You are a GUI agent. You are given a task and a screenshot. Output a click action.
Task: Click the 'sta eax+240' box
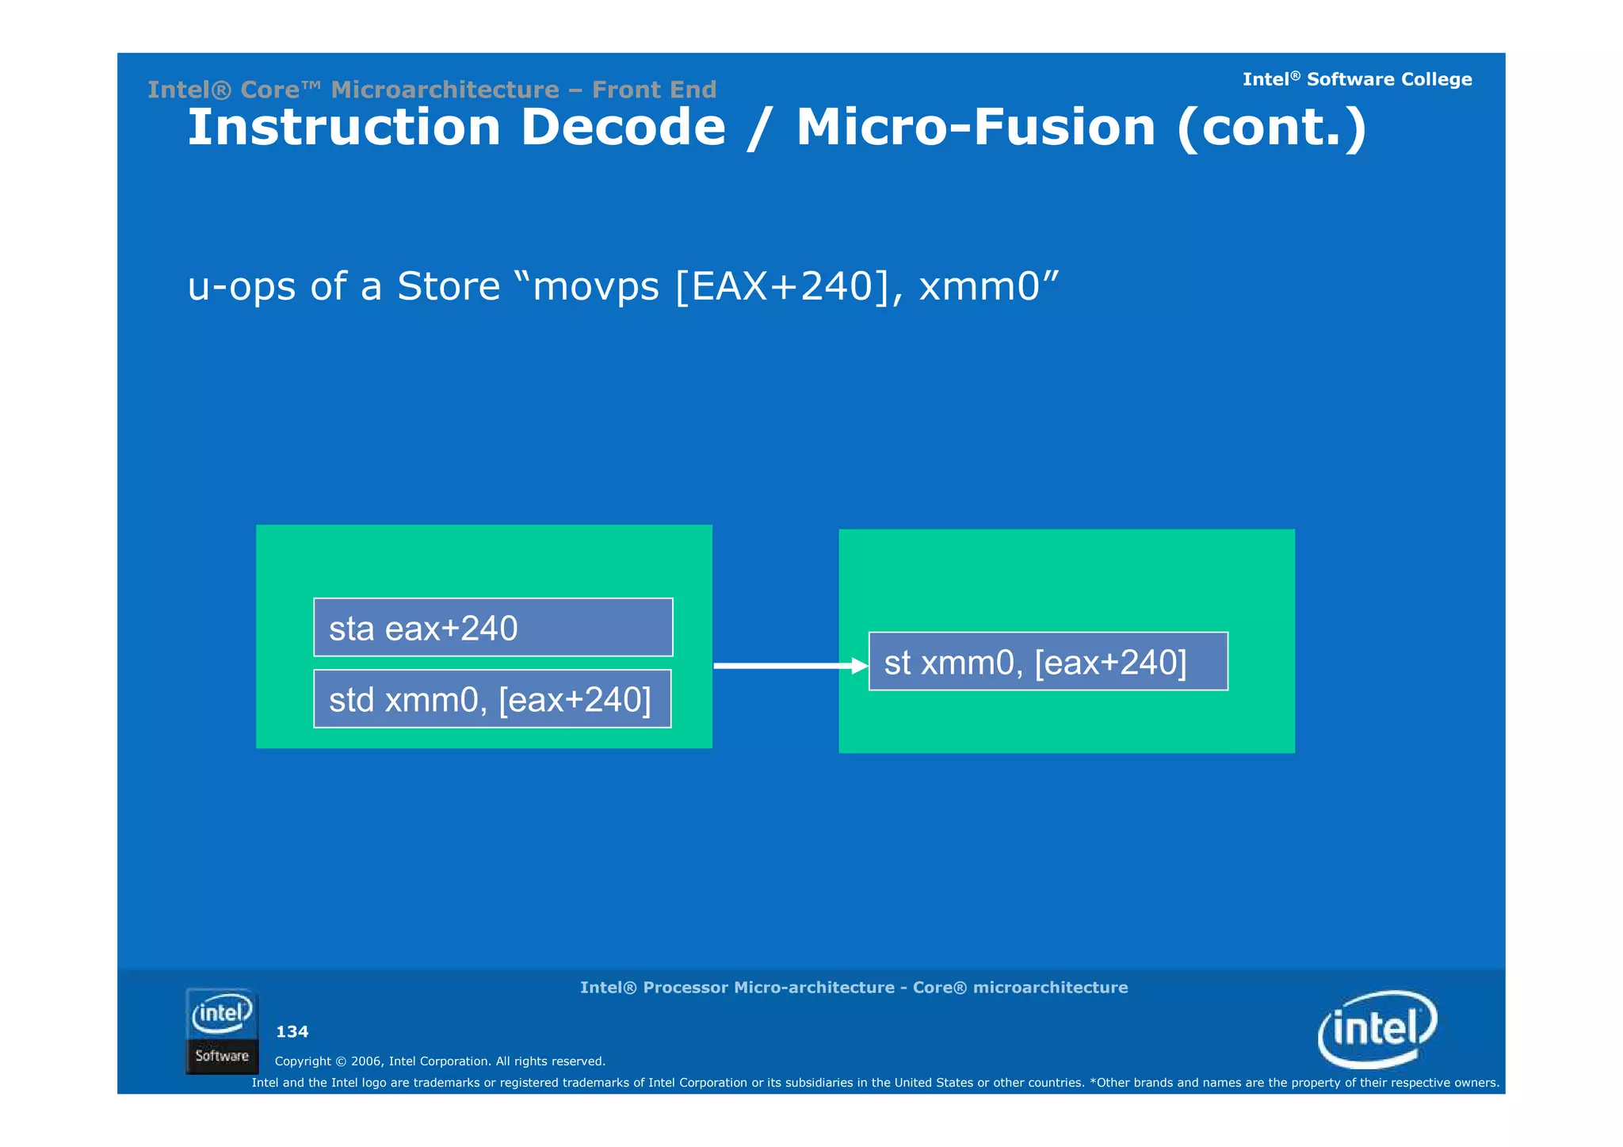pos(493,628)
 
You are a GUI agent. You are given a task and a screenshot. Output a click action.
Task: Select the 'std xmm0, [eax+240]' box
pos(492,699)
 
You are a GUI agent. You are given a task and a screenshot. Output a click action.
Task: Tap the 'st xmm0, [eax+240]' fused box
pos(1048,662)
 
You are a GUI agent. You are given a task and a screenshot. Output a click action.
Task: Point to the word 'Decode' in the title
pos(623,128)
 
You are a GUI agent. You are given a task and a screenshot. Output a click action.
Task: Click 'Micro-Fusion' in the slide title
pos(976,128)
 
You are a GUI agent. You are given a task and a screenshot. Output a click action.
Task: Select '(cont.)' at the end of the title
pos(1272,128)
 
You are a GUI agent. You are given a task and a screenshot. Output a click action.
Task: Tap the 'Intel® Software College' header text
pos(1357,79)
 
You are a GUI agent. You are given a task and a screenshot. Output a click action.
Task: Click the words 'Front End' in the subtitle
pos(654,90)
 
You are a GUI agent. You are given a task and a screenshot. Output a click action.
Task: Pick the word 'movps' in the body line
pos(596,286)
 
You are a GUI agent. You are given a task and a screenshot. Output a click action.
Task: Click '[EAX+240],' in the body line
pos(789,286)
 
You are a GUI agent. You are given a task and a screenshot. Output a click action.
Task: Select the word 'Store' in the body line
pos(449,286)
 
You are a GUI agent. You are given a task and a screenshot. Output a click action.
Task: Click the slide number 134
pos(292,1032)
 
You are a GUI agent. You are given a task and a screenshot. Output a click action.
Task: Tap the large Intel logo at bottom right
pos(1377,1029)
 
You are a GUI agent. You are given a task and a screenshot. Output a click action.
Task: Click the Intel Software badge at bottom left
pos(222,1031)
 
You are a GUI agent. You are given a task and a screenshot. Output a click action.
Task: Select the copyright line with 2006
pos(440,1061)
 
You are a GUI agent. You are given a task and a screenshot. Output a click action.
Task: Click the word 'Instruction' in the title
pos(343,128)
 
